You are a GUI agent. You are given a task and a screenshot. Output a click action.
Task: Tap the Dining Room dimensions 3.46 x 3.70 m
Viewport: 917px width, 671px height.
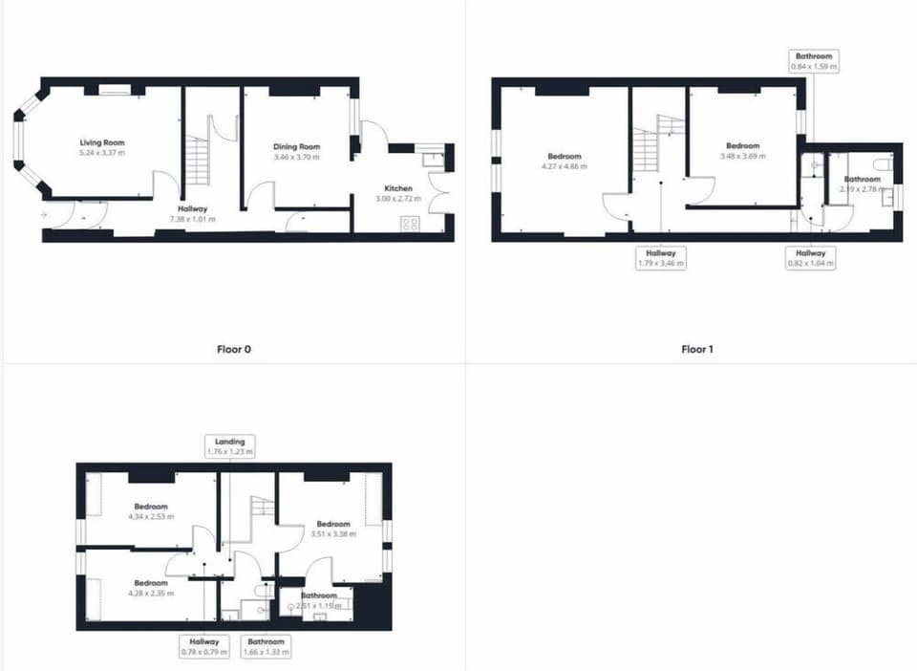[295, 157]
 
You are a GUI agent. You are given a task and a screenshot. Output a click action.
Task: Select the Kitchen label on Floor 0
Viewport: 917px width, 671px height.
[398, 188]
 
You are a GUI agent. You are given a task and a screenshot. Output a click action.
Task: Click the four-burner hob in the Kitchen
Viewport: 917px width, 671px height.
[410, 224]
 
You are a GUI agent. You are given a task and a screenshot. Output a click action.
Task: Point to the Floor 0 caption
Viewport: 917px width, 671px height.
[234, 349]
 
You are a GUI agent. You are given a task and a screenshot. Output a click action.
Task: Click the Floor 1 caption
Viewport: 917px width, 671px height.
[696, 349]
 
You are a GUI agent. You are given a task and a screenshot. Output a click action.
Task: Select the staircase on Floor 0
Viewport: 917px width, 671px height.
[198, 161]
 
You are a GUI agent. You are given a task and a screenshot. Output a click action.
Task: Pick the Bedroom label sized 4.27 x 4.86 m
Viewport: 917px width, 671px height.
[564, 157]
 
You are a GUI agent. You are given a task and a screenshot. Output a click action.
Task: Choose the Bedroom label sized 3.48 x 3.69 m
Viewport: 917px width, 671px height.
[742, 146]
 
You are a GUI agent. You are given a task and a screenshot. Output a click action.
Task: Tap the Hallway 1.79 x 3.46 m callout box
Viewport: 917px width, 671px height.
[661, 258]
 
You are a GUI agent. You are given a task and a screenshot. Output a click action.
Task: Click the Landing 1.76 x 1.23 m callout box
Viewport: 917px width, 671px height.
[230, 446]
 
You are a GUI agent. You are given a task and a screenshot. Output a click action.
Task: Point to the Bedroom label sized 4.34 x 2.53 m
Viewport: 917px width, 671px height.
[151, 506]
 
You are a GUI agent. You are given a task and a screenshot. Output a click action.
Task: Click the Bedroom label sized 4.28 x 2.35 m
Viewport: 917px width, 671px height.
[151, 583]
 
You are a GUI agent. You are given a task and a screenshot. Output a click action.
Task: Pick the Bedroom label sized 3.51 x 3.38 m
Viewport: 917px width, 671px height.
[333, 524]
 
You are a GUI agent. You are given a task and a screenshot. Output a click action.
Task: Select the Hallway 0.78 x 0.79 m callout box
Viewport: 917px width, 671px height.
[204, 647]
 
